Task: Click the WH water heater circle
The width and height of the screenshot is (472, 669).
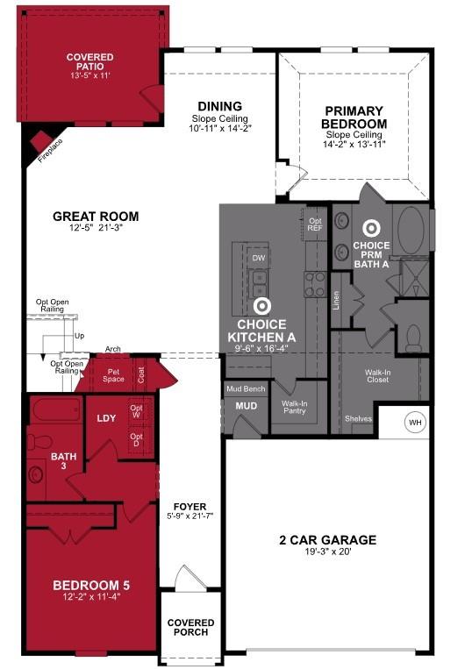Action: click(x=415, y=423)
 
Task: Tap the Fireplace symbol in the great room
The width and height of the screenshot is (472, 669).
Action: click(x=41, y=144)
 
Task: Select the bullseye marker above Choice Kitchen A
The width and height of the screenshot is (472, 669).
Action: click(x=261, y=306)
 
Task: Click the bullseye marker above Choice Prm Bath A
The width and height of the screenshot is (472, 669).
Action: click(x=371, y=227)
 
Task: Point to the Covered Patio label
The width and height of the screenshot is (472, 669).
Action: click(x=89, y=63)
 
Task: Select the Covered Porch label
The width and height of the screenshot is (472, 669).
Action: click(x=190, y=629)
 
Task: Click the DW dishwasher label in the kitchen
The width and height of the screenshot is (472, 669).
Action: click(x=259, y=259)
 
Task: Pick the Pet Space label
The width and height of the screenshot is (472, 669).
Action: click(x=113, y=374)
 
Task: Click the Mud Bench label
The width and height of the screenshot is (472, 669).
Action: click(x=246, y=388)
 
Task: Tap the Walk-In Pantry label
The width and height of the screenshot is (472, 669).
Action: click(x=295, y=408)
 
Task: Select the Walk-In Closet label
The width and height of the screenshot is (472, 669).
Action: click(x=378, y=377)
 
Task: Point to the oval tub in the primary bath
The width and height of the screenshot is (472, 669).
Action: click(x=411, y=230)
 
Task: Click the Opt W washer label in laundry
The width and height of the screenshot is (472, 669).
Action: click(x=136, y=411)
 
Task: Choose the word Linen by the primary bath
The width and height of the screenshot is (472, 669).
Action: click(x=336, y=300)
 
